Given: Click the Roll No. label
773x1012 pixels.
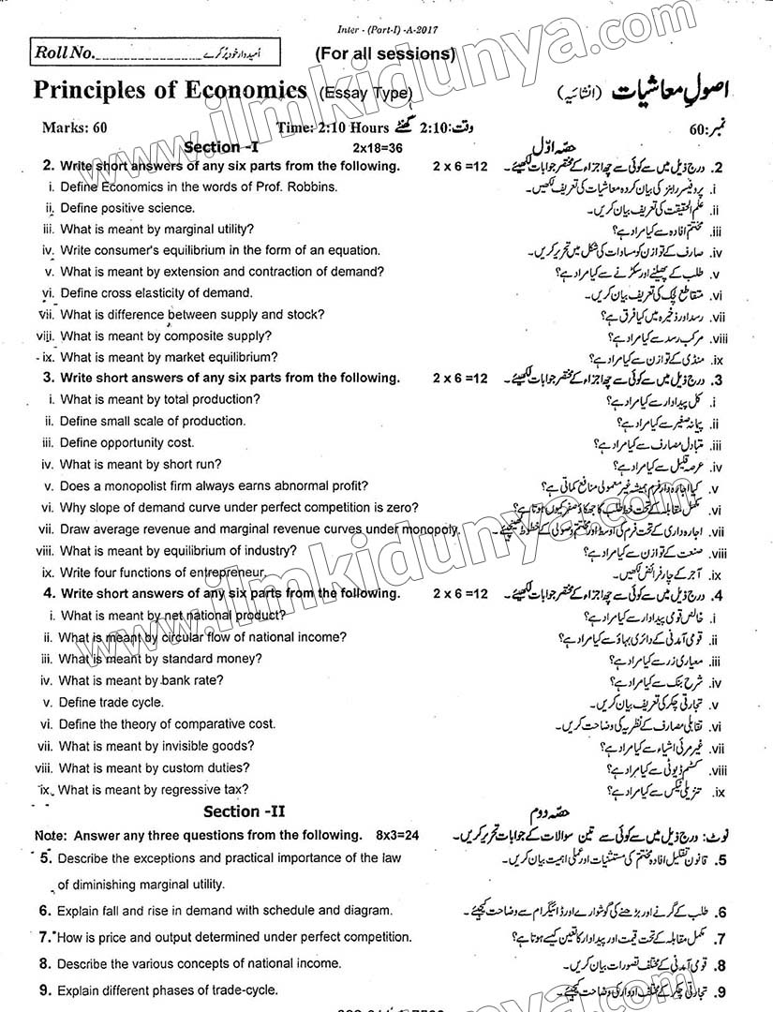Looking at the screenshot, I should pos(65,53).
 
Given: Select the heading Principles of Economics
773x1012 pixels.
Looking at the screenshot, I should pos(171,90).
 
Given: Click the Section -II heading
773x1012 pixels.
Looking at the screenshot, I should pos(238,811).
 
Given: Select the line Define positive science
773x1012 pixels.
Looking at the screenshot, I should pos(127,208).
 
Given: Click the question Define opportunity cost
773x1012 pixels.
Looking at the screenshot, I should pos(126,442).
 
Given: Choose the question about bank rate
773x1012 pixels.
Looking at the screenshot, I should pos(140,680).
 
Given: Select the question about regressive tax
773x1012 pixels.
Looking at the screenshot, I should pos(154,790).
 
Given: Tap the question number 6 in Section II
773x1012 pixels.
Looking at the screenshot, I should pos(44,910).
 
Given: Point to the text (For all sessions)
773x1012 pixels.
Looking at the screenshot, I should pos(385,53).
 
